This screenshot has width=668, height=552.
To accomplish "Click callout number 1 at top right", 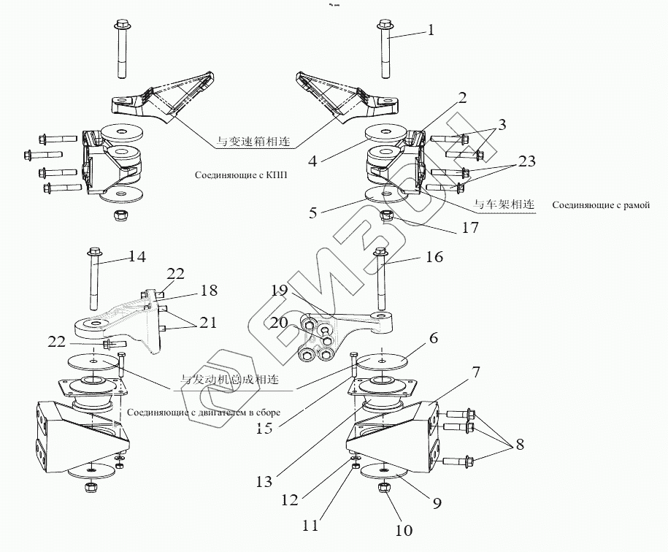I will pyautogui.click(x=431, y=31).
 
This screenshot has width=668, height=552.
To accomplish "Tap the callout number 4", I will pyautogui.click(x=312, y=160).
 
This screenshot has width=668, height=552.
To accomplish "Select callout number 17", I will pyautogui.click(x=469, y=229).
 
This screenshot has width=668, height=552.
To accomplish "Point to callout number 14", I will pyautogui.click(x=137, y=256).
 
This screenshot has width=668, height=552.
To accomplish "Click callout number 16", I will pyautogui.click(x=434, y=258).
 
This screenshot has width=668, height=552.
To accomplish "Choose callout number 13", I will pyautogui.click(x=265, y=482).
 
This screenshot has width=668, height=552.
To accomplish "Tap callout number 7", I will pyautogui.click(x=476, y=372).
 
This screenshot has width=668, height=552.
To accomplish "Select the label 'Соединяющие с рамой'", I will pyautogui.click(x=601, y=206).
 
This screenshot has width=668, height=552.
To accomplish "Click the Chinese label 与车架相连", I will pyautogui.click(x=504, y=204).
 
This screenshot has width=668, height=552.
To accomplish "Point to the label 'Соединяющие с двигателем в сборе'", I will pyautogui.click(x=204, y=413).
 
